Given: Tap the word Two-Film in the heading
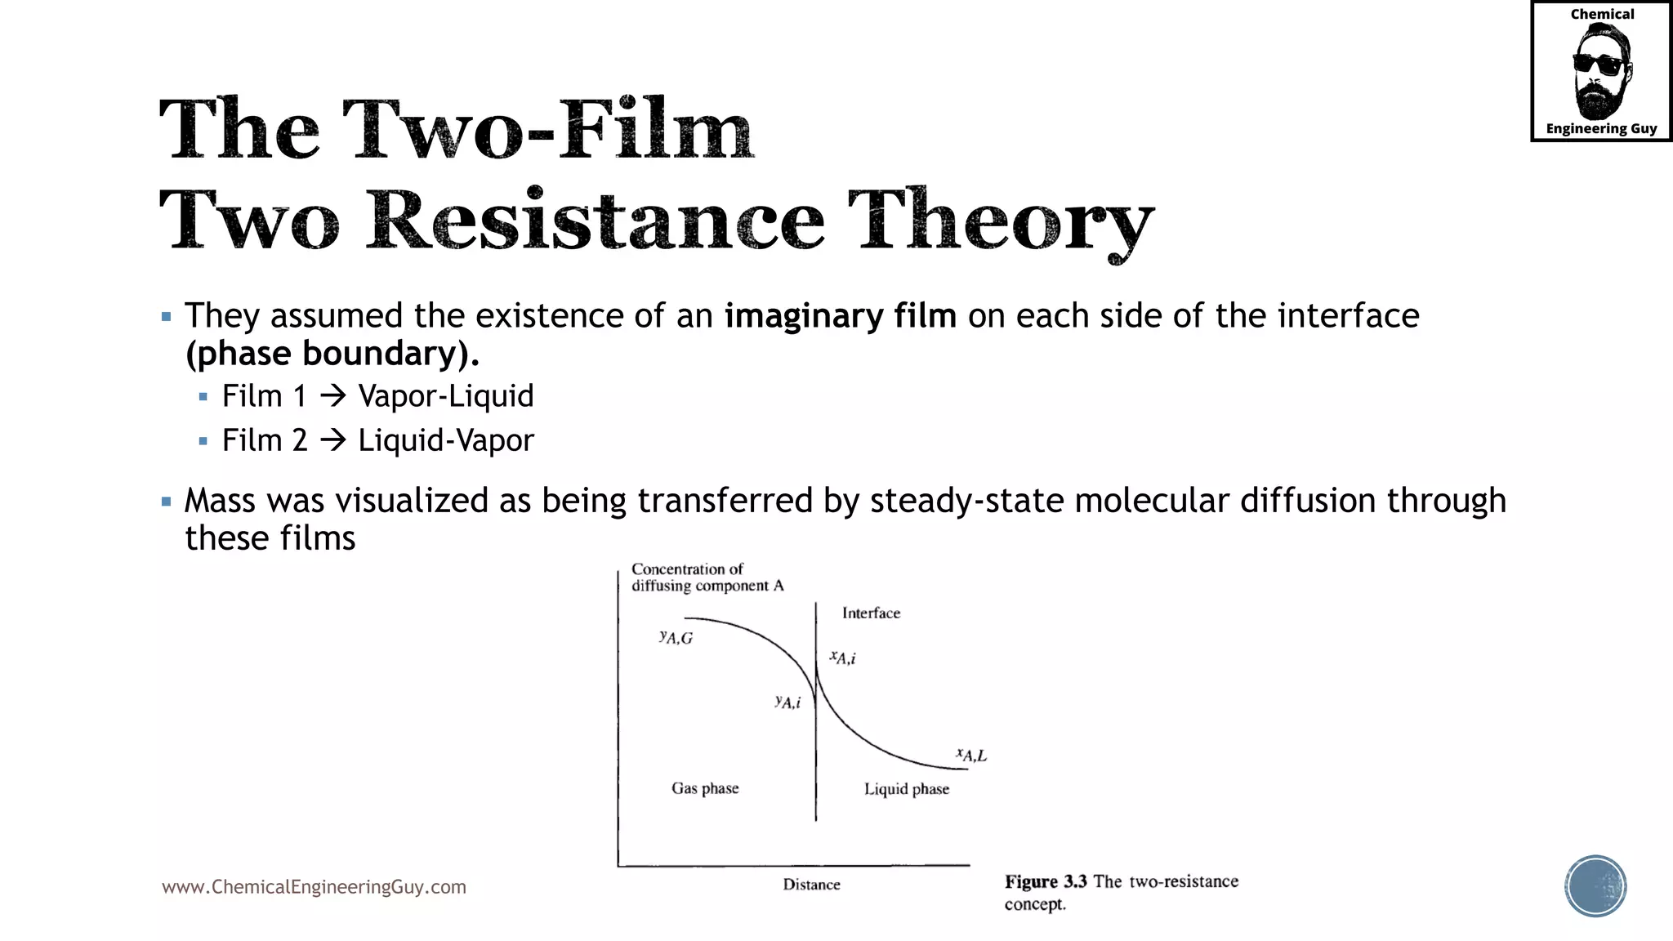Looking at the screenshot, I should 547,129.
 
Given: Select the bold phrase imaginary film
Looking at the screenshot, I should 840,315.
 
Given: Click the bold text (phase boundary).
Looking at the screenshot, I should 332,353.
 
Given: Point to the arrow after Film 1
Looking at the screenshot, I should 332,397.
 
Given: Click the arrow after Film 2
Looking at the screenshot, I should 332,441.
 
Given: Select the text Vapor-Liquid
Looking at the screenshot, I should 446,396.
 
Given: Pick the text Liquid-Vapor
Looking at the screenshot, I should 446,440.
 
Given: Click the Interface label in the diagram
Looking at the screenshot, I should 871,613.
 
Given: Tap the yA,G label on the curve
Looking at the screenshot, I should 676,637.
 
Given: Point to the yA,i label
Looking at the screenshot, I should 787,702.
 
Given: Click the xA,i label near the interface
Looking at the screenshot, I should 843,658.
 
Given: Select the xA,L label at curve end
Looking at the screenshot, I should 971,755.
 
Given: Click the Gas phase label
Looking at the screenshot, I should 705,788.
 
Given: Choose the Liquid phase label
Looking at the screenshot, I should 907,789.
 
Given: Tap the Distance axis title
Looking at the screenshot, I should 811,885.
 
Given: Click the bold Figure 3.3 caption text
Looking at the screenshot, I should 1046,882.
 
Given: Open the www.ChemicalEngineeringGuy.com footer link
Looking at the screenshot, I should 314,887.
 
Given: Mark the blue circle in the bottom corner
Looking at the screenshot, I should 1595,886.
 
